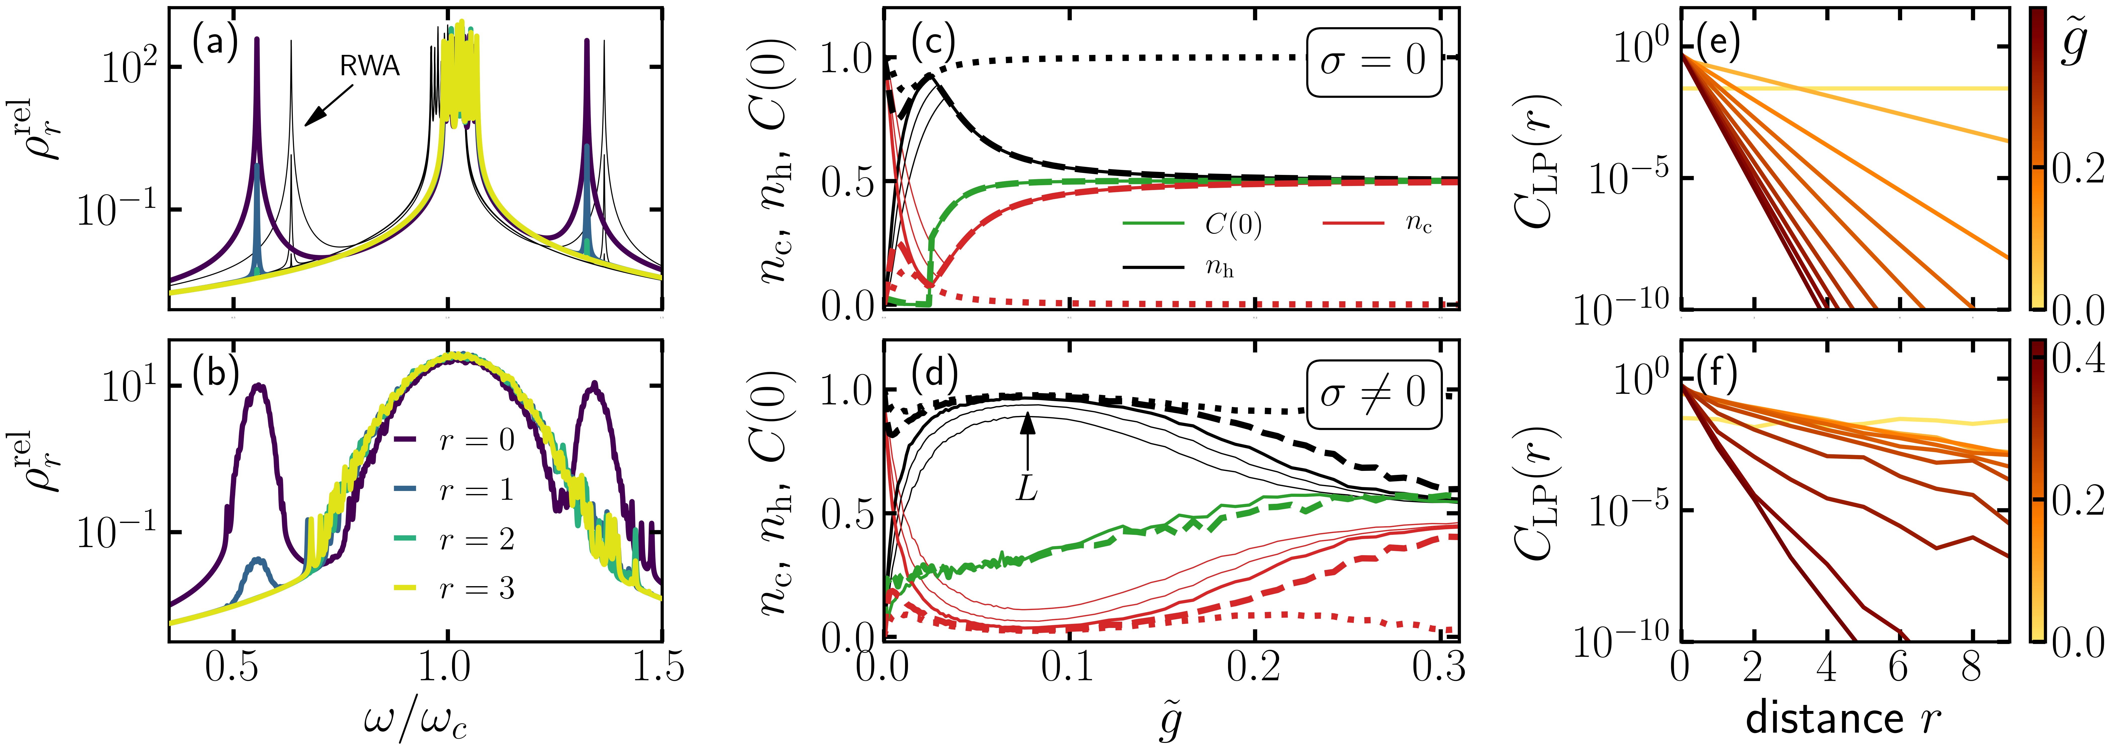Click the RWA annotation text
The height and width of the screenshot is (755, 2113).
pos(370,66)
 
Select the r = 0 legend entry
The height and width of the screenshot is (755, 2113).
pos(476,441)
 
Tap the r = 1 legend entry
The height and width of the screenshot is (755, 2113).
pos(476,490)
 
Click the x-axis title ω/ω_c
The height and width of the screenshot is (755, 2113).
pos(416,721)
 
